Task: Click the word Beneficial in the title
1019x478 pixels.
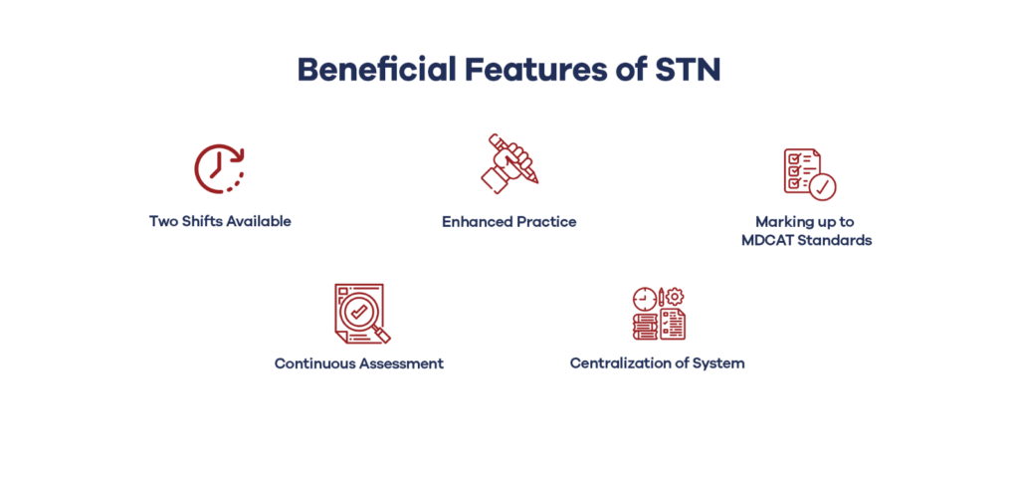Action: click(376, 70)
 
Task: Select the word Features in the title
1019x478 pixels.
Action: click(533, 71)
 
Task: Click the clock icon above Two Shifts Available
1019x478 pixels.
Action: click(220, 168)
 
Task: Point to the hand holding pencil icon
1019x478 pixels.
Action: click(509, 164)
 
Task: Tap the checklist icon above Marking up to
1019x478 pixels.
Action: click(810, 173)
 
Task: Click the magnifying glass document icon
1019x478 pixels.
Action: click(362, 314)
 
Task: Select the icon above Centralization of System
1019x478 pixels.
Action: click(659, 314)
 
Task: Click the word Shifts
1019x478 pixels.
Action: click(197, 221)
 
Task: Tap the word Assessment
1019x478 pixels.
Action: click(401, 363)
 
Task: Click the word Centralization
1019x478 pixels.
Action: click(614, 362)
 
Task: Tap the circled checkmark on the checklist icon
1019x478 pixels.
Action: click(822, 186)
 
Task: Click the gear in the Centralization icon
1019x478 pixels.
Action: click(676, 297)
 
